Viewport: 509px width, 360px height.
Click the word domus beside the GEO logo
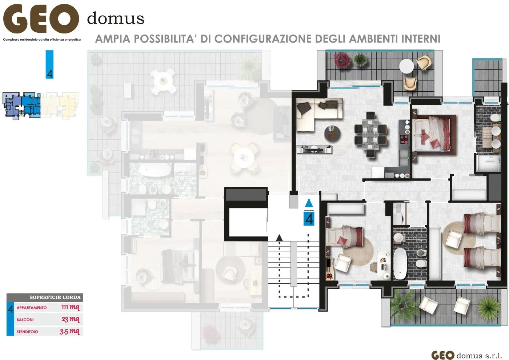[116, 18]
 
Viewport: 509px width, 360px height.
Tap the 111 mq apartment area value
[70, 307]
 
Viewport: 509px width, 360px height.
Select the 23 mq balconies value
[70, 319]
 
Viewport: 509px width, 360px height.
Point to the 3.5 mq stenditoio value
[69, 331]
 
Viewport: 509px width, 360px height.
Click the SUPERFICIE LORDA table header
[55, 297]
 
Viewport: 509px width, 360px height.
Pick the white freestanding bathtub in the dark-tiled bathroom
[400, 263]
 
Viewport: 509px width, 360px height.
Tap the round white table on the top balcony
[406, 67]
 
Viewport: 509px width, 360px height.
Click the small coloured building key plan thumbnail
[40, 105]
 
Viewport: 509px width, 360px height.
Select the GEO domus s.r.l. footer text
[466, 355]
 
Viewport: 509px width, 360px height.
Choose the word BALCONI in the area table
[25, 320]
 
